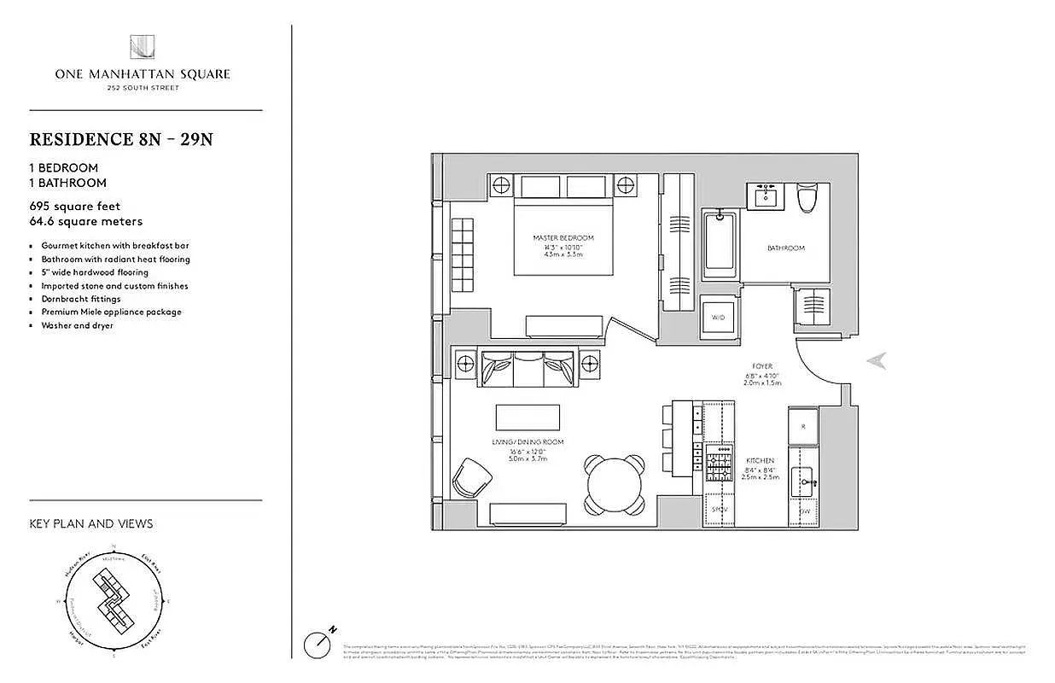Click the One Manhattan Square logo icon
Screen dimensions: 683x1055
pyautogui.click(x=142, y=48)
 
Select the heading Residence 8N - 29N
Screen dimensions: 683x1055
pyautogui.click(x=120, y=139)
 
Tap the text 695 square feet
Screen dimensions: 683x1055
pyautogui.click(x=75, y=206)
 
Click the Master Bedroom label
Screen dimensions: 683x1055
pyautogui.click(x=562, y=238)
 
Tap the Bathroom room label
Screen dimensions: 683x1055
pyautogui.click(x=785, y=248)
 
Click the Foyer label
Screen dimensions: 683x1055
pyautogui.click(x=763, y=366)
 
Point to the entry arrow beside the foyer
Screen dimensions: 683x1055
pyautogui.click(x=877, y=361)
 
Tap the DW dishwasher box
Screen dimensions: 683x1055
pyautogui.click(x=804, y=511)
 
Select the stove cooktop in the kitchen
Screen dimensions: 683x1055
pyautogui.click(x=720, y=463)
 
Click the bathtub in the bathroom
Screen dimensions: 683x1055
pyautogui.click(x=721, y=243)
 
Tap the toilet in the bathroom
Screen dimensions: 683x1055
pyautogui.click(x=808, y=198)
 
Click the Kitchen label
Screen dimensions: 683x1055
pyautogui.click(x=760, y=461)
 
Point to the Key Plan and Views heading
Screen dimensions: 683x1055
pyautogui.click(x=91, y=523)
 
